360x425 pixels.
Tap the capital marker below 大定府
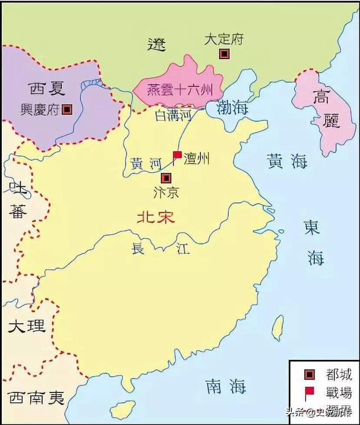coord(224,53)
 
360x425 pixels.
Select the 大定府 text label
coord(224,39)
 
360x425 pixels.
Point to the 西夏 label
coord(48,88)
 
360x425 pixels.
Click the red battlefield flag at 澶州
coord(177,155)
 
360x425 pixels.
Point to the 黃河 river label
coord(146,164)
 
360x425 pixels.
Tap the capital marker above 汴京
coord(165,177)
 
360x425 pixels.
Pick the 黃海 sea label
coord(287,162)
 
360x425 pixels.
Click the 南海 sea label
coord(226,386)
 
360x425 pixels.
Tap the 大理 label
coord(26,325)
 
